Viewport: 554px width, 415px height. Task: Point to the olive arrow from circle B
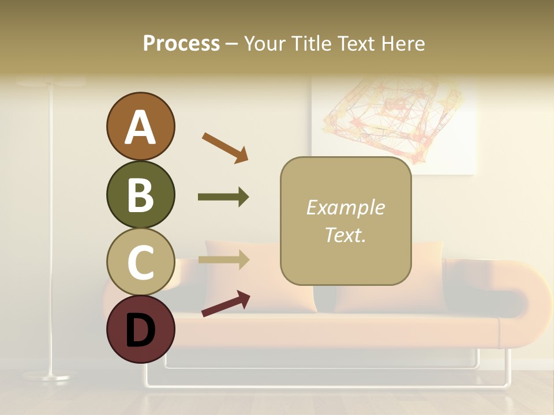pyautogui.click(x=223, y=197)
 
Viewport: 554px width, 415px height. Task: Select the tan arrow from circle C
pyautogui.click(x=223, y=259)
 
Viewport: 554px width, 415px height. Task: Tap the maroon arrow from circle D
pyautogui.click(x=226, y=304)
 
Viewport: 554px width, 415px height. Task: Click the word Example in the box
pyautogui.click(x=345, y=207)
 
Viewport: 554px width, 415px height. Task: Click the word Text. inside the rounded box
pyautogui.click(x=345, y=235)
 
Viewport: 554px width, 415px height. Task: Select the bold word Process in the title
pyautogui.click(x=181, y=43)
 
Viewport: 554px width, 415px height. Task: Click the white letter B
pyautogui.click(x=140, y=195)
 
